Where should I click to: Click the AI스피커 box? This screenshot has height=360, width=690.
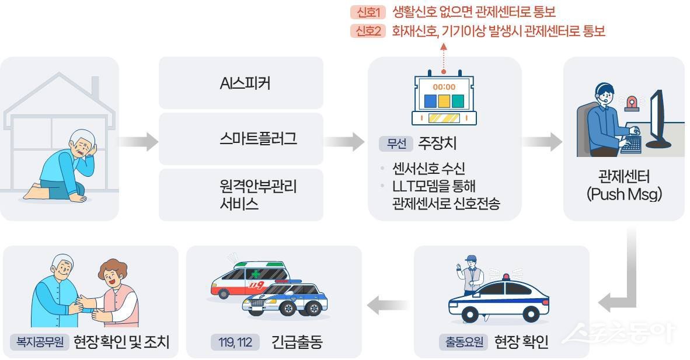241,83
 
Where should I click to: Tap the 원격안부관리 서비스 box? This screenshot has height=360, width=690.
241,195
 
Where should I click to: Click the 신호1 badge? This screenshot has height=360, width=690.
368,12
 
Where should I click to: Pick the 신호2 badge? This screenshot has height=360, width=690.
368,32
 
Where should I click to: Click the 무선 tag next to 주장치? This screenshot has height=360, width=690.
396,144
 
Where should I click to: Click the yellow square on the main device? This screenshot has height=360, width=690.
444,101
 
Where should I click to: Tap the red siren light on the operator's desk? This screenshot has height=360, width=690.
632,103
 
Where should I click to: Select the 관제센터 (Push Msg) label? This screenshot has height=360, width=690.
623,185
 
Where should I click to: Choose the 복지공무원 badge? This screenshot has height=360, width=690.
40,342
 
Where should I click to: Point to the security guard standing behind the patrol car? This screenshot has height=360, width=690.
471,274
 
